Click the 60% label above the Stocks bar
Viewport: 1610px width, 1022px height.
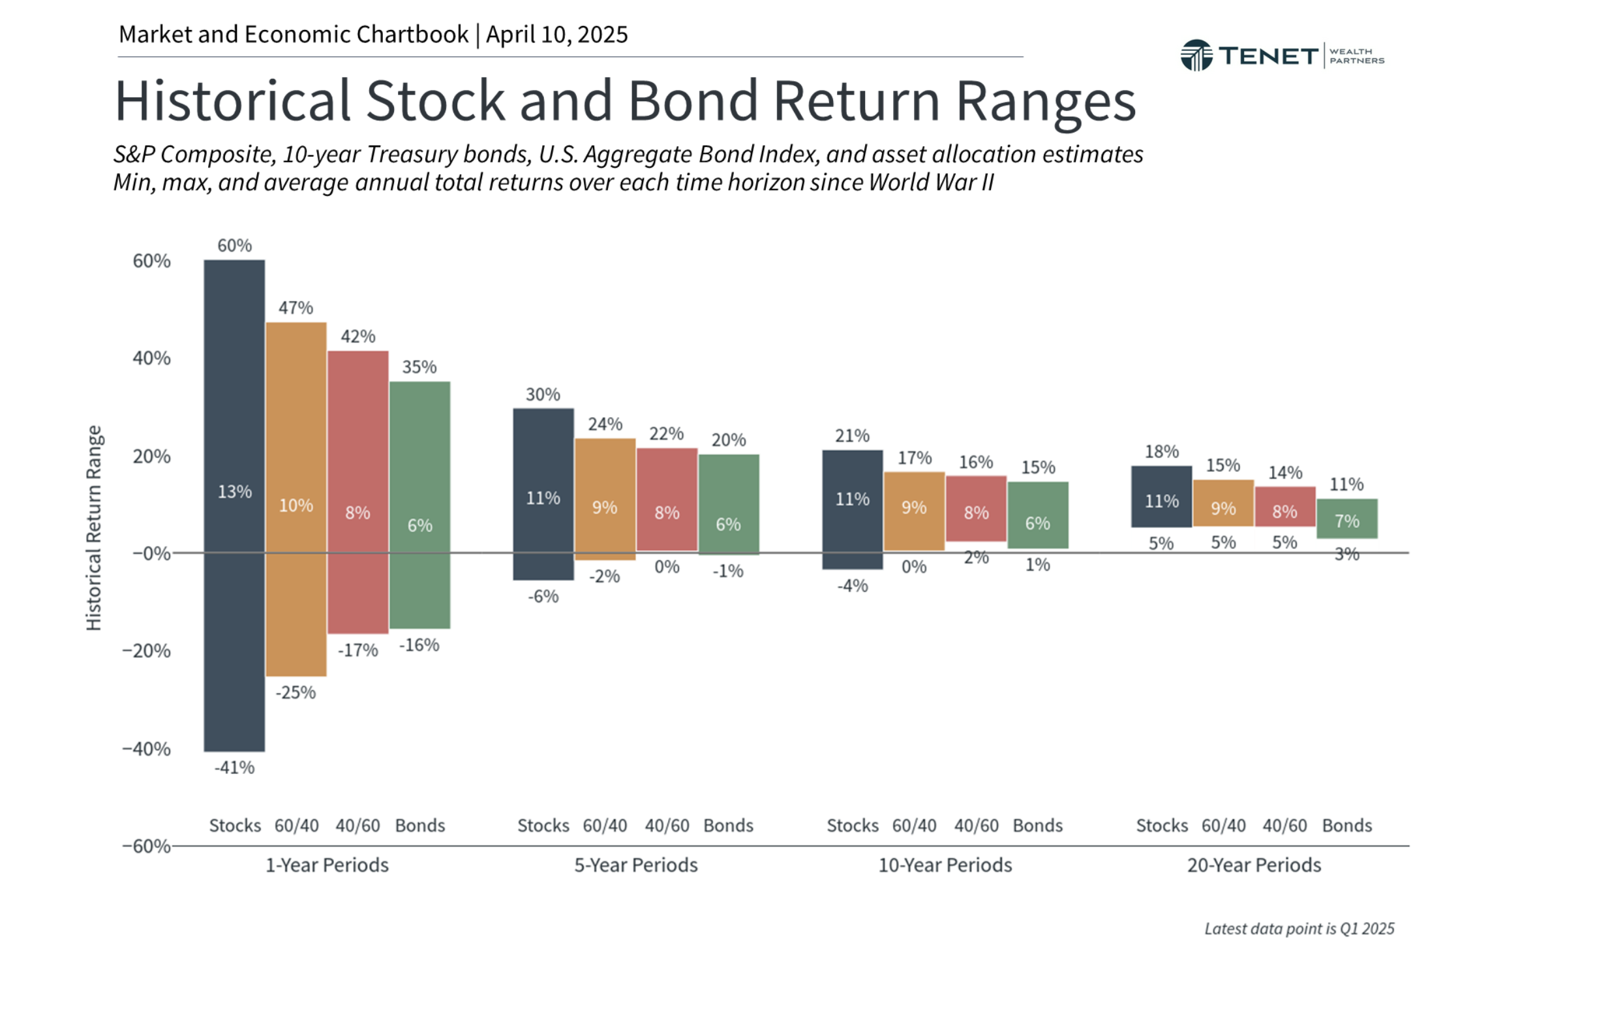pos(234,245)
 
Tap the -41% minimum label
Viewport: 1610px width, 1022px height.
pos(234,767)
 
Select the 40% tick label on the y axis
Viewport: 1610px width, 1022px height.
pos(151,358)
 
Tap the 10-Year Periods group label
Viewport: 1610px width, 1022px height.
pos(944,865)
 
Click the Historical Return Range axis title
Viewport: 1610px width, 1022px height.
pos(93,528)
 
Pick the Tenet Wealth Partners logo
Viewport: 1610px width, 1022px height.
pos(1282,55)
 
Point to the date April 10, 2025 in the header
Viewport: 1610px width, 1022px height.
pos(556,35)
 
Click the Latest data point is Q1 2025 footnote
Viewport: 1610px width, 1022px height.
pos(1298,929)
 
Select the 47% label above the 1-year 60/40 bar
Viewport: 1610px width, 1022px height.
pos(296,307)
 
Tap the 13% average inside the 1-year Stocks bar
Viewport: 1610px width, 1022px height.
pos(234,491)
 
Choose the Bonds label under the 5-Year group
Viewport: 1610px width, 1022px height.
pos(728,826)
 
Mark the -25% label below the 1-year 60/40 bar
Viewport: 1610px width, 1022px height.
pos(296,692)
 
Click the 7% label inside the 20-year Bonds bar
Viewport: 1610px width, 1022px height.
pos(1346,521)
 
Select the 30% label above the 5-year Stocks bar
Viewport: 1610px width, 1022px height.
pos(542,395)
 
